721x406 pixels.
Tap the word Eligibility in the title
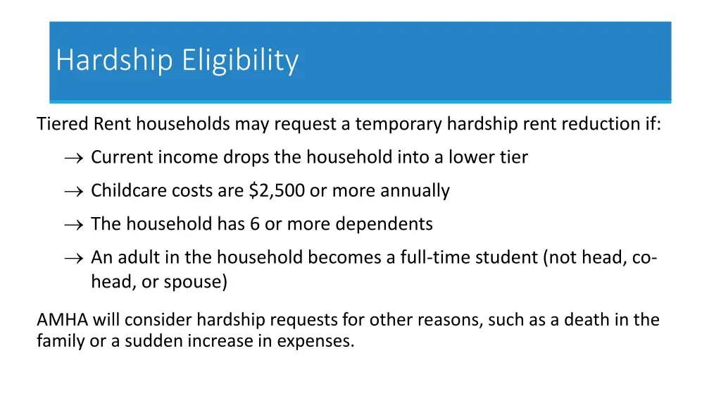click(x=240, y=61)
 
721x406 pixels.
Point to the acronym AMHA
click(x=62, y=320)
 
